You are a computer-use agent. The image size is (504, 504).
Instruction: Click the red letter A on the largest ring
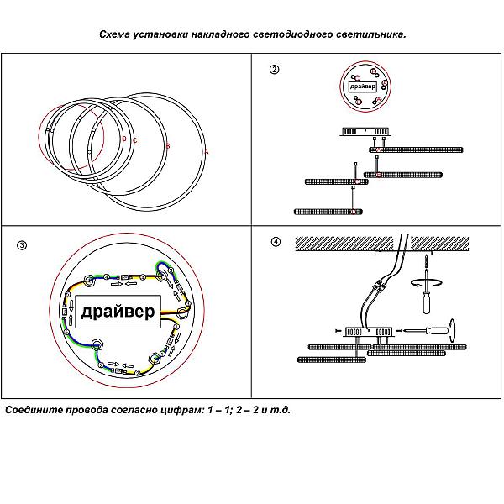pyautogui.click(x=207, y=151)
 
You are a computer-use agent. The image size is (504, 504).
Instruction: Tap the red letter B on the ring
pyautogui.click(x=168, y=146)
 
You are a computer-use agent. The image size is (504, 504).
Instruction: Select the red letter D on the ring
pyautogui.click(x=123, y=139)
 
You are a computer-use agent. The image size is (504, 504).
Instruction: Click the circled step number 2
pyautogui.click(x=274, y=69)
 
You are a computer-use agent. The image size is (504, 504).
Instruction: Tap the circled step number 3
pyautogui.click(x=22, y=246)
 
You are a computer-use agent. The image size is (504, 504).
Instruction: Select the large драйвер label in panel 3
pyautogui.click(x=118, y=312)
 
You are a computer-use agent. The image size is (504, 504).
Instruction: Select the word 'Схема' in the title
pyautogui.click(x=115, y=35)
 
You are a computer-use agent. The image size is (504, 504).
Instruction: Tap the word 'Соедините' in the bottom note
pyautogui.click(x=34, y=412)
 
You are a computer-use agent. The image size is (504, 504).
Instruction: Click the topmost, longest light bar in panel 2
pyautogui.click(x=417, y=150)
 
